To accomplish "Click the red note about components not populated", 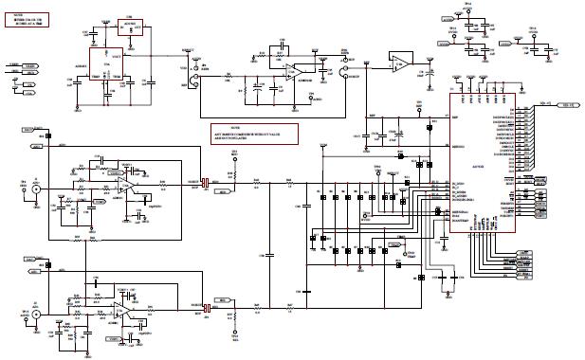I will pyautogui.click(x=254, y=134).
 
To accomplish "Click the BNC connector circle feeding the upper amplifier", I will pyautogui.click(x=37, y=189).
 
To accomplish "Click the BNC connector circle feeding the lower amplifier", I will pyautogui.click(x=37, y=312).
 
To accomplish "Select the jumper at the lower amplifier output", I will pyautogui.click(x=204, y=309).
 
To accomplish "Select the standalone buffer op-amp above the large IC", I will pyautogui.click(x=402, y=64).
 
